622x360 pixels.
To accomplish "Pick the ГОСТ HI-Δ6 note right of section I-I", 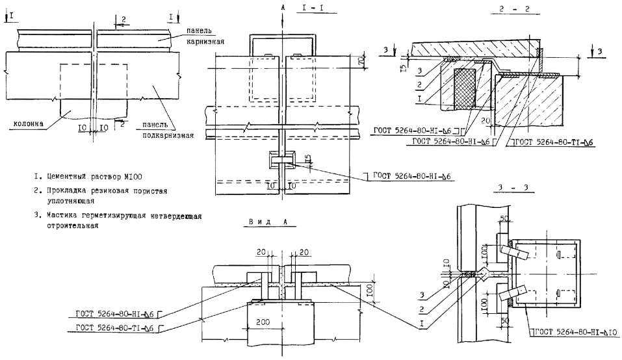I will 411,176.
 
